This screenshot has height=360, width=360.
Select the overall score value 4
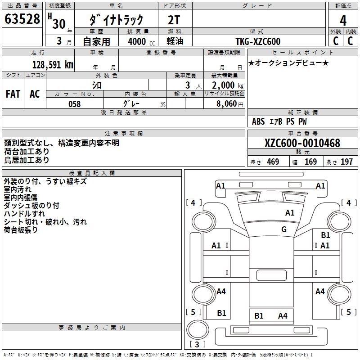343,20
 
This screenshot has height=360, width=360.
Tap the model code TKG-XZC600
258,41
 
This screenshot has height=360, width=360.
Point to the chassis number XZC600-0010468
302,143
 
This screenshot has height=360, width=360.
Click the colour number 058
74,103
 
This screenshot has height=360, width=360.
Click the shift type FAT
13,94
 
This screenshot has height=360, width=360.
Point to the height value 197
346,162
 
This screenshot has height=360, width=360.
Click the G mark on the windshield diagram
284,229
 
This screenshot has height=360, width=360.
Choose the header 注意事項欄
123,134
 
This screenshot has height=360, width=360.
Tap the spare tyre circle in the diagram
197,328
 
